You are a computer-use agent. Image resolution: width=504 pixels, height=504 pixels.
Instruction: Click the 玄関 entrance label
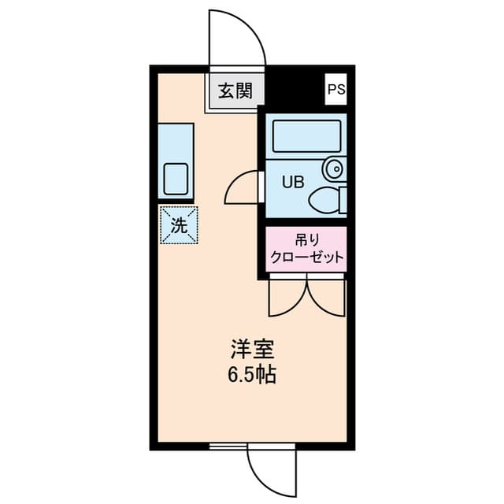(235, 91)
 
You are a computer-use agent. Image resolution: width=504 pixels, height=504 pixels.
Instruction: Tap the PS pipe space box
(336, 89)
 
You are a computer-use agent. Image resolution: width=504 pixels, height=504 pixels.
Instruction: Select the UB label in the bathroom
(293, 181)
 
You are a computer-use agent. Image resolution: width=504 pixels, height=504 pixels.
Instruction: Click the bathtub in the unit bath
(306, 135)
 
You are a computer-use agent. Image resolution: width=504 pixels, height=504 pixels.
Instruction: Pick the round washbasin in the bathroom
(333, 168)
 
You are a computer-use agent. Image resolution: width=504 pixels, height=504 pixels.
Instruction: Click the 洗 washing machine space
(180, 225)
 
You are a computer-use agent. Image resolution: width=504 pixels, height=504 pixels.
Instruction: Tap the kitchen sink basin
(176, 180)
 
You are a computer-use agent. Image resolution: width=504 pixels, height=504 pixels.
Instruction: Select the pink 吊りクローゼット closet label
(306, 249)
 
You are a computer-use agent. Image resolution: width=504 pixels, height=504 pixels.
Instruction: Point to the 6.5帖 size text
(252, 375)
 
